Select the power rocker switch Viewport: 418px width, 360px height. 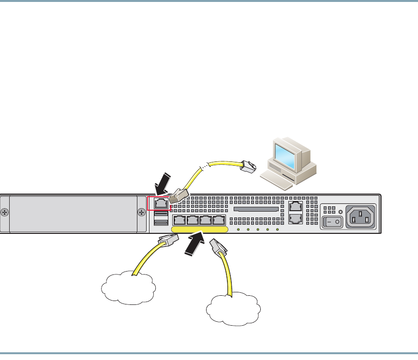point(332,221)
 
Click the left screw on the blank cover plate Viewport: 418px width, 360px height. point(4,213)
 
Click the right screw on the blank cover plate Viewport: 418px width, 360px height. point(142,213)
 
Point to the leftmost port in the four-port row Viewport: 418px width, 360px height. point(179,221)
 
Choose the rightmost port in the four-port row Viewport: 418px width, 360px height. point(219,221)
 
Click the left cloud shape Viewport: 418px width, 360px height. point(128,288)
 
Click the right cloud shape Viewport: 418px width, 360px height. point(233,307)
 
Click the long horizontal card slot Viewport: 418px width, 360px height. point(256,210)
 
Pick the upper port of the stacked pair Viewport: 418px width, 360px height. point(296,206)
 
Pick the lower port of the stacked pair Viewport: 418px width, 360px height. point(296,219)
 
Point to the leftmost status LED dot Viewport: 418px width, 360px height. point(238,229)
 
